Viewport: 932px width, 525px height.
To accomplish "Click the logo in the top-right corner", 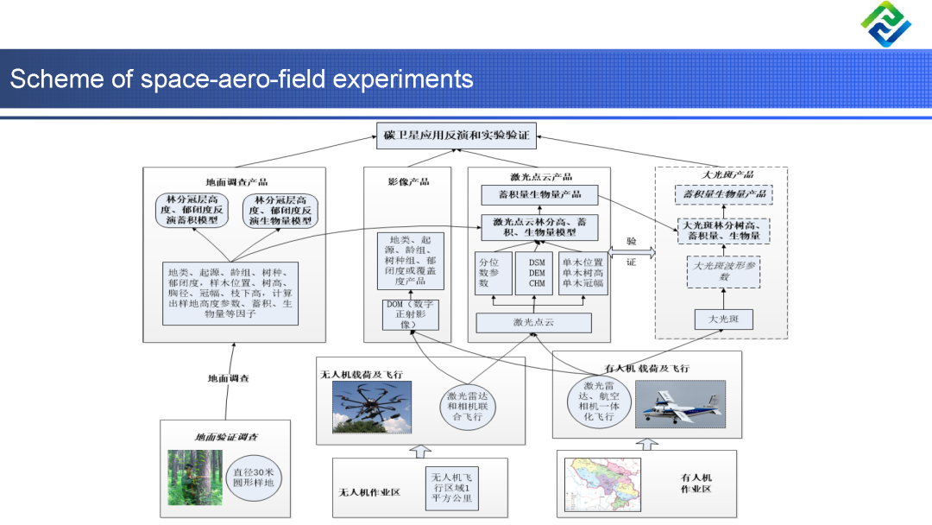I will pos(885,24).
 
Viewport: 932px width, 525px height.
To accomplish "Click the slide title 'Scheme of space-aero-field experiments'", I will pos(242,79).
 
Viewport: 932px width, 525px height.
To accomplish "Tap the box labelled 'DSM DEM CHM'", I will pos(536,272).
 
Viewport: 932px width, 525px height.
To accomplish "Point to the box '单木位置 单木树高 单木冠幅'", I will pos(582,272).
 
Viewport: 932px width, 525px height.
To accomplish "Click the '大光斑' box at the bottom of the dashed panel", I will pos(718,320).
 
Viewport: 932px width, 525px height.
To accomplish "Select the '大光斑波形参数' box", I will pos(724,271).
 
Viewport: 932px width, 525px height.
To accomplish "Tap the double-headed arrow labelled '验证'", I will pos(632,251).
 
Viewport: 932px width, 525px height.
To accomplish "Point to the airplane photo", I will pos(679,403).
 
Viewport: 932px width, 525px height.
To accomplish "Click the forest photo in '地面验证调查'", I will pos(194,477).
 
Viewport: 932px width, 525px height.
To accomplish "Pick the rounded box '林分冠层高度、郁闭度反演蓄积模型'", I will pos(192,210).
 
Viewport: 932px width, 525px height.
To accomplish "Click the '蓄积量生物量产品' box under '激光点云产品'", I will pos(540,193).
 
